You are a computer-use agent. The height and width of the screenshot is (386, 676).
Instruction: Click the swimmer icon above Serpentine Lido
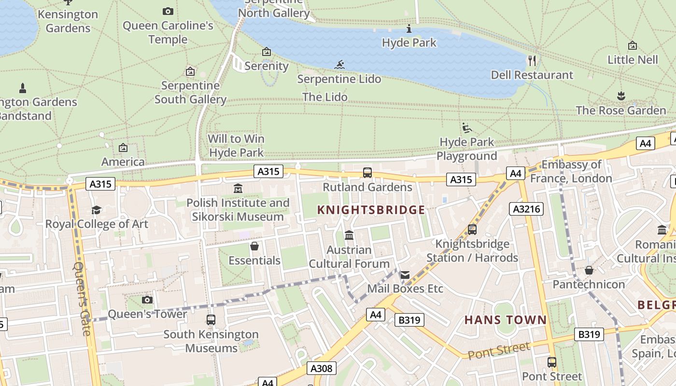(x=339, y=65)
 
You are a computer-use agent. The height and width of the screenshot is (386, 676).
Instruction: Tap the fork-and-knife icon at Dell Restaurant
(x=532, y=60)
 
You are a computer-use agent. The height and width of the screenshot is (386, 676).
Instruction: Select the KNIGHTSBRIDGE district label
(x=371, y=210)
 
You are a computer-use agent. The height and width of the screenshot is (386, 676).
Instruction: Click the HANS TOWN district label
(x=506, y=319)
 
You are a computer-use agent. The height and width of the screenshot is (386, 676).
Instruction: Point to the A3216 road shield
(x=526, y=209)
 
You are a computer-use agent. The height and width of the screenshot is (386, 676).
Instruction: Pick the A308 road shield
(x=321, y=369)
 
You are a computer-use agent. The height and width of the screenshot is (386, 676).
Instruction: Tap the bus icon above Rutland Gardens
(x=367, y=173)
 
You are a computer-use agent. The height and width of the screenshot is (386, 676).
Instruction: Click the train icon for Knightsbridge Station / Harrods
(x=472, y=230)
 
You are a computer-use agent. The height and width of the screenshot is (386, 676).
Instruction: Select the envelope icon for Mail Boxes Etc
(x=405, y=275)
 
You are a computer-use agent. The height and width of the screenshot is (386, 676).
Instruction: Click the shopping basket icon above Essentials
(x=254, y=247)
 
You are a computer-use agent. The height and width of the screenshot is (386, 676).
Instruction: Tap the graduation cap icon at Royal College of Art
(x=97, y=210)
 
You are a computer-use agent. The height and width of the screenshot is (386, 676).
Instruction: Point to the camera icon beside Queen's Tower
(x=147, y=300)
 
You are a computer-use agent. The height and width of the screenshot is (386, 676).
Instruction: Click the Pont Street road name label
(x=499, y=350)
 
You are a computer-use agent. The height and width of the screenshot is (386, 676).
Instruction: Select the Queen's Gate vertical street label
(x=83, y=298)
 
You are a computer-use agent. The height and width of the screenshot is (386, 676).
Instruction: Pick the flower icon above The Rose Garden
(x=621, y=96)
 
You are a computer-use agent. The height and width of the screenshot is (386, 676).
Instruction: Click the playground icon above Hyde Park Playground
(x=466, y=128)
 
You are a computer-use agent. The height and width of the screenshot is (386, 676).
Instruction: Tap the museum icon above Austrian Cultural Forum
(x=349, y=235)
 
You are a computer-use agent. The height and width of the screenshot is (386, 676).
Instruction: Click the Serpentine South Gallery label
(x=190, y=92)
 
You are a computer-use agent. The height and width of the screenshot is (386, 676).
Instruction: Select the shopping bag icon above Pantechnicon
(x=589, y=270)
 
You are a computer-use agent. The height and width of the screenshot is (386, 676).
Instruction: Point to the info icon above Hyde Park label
(x=409, y=29)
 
